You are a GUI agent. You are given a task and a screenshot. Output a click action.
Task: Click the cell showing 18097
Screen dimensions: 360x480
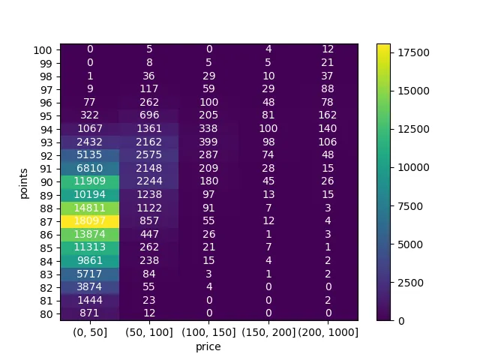(x=90, y=220)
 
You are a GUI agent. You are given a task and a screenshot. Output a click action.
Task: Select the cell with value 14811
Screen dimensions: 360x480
(x=90, y=208)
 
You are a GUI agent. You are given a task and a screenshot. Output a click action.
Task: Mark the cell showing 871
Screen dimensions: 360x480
(x=90, y=313)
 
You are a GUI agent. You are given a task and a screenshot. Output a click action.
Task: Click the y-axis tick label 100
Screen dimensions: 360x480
(x=43, y=49)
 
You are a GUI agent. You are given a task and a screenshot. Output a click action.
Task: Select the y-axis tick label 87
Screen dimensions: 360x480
(x=46, y=220)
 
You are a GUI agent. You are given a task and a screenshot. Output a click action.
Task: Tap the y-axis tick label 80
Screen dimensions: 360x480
(x=46, y=313)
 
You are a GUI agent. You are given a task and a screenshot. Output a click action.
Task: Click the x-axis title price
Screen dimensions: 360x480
(x=208, y=346)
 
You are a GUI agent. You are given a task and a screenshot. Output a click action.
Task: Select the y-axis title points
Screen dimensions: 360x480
(x=25, y=181)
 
